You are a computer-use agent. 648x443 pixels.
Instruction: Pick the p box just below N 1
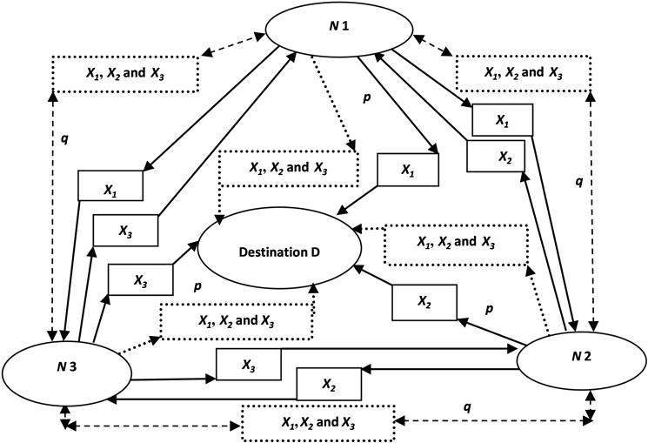coord(358,97)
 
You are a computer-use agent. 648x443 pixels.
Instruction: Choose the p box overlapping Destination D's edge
coord(214,285)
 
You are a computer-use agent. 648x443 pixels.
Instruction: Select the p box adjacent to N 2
coord(504,312)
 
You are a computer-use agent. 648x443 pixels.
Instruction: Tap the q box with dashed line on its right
coord(578,181)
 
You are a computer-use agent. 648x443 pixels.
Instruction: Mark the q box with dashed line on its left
coord(80,138)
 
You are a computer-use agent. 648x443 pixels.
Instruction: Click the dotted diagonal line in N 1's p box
coord(331,98)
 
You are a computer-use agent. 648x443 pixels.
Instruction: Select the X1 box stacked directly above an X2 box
coord(502,120)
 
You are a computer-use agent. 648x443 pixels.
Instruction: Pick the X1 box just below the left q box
coord(110,186)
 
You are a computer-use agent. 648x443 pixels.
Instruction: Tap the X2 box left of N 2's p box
coord(424,302)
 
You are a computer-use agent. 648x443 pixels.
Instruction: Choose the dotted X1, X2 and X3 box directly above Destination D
coord(288,168)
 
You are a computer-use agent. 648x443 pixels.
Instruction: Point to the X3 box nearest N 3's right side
coord(248,365)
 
